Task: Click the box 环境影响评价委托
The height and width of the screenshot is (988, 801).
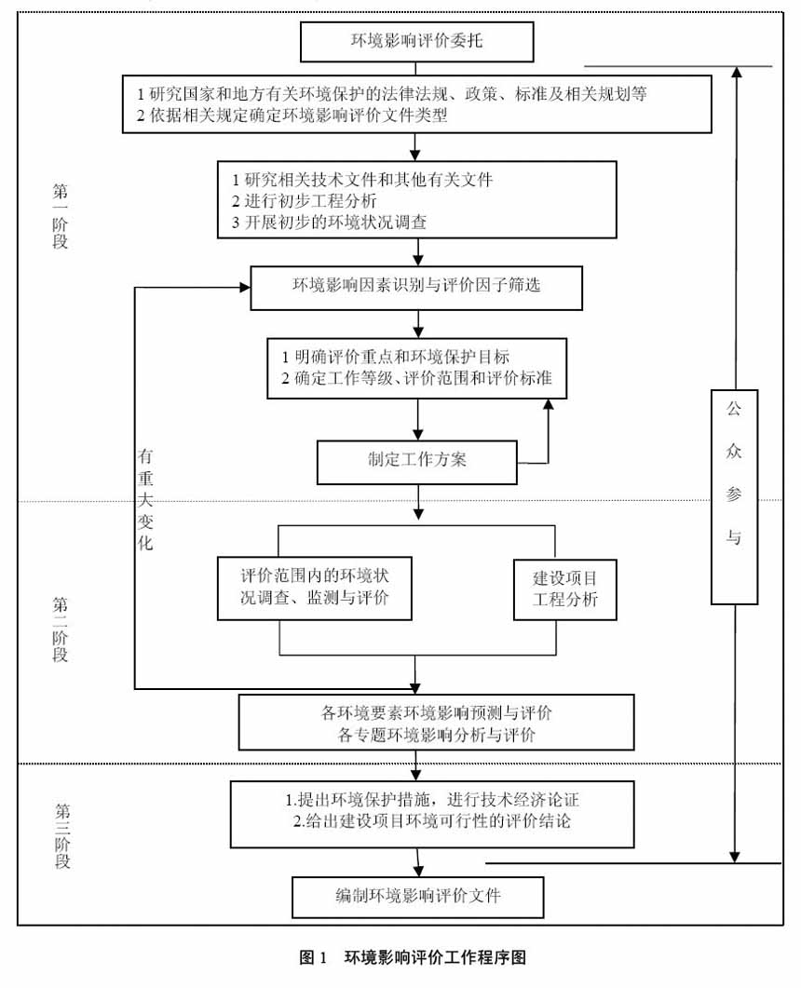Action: point(416,42)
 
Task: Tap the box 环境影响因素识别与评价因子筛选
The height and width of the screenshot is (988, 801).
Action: point(416,287)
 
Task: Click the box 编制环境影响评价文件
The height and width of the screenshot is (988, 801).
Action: point(418,898)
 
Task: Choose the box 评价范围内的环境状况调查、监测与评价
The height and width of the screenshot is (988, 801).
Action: point(315,589)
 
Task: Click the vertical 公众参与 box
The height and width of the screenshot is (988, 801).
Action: point(733,497)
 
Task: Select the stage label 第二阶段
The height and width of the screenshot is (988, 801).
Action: point(61,629)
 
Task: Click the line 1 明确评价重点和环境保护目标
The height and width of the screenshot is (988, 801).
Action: point(396,357)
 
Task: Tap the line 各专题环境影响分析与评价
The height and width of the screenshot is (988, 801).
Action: point(436,736)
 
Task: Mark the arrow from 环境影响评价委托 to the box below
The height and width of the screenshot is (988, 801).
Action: point(416,68)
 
